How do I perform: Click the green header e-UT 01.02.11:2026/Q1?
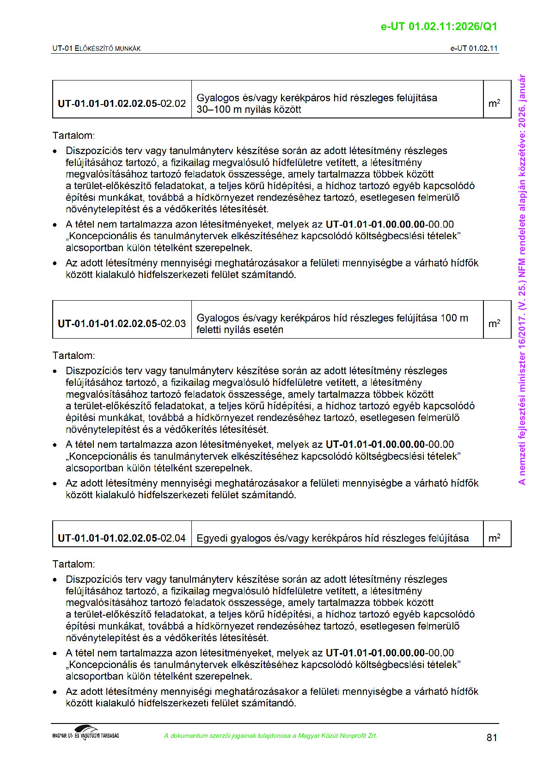coord(439,26)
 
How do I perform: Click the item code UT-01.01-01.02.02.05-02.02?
coord(122,104)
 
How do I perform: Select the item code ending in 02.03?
coord(122,324)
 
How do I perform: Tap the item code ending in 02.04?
coord(122,538)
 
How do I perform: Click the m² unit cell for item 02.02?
coord(494,104)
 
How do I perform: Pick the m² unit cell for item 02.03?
coord(494,324)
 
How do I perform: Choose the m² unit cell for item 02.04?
coord(494,538)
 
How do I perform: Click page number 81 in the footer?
coord(492,738)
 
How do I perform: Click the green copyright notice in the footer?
coord(270,736)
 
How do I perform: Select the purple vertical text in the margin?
coord(522,279)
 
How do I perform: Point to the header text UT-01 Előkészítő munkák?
coord(96,49)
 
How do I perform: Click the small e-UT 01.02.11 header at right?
coord(474,49)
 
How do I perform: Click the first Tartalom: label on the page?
coord(73,136)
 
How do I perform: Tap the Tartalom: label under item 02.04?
coord(73,564)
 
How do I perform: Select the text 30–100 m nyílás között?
coord(249,110)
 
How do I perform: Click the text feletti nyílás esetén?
coord(239,330)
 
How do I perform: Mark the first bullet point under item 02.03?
coord(55,372)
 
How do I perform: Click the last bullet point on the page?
coord(55,692)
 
